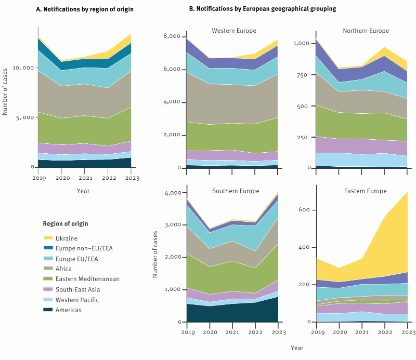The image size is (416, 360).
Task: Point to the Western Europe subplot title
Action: pos(233,31)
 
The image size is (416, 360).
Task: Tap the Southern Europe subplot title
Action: pos(236,191)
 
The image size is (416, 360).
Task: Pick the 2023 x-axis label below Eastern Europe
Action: pos(408,331)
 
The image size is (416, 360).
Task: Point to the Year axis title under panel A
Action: pos(83,191)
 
